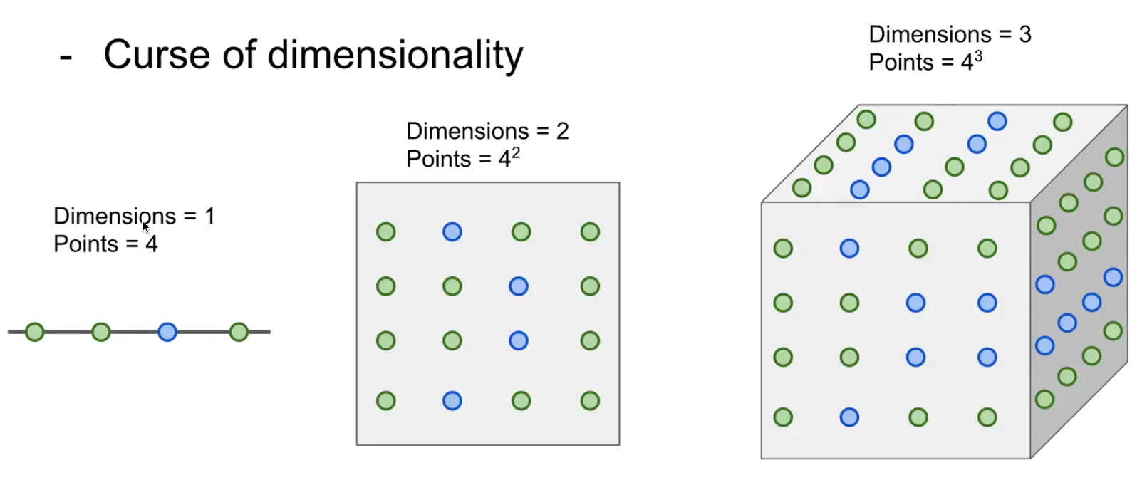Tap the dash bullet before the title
pos(66,57)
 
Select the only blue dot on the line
pos(167,332)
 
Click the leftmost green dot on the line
pos(35,332)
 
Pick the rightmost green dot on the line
pos(239,332)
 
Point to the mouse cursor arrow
pos(145,226)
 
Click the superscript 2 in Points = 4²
pos(516,153)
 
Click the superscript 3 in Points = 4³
pos(978,56)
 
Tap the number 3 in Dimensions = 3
pos(1025,34)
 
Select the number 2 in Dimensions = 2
pos(562,131)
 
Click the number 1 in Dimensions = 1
pos(209,216)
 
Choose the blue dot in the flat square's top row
pos(452,231)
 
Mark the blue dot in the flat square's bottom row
pos(452,401)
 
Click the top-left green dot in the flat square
pos(386,231)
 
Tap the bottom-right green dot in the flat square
pos(590,401)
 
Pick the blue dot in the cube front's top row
pos(849,248)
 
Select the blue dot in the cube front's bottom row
pos(849,417)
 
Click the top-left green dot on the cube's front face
pos(783,248)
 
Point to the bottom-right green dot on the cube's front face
pos(987,417)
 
